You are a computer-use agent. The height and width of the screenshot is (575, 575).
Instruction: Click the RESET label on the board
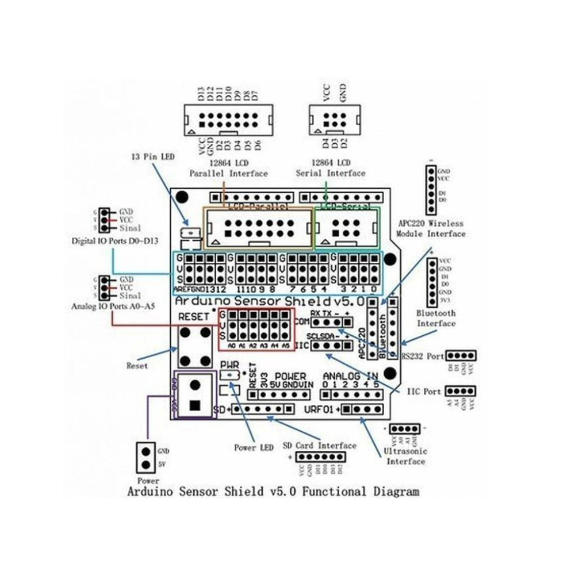[x=190, y=317]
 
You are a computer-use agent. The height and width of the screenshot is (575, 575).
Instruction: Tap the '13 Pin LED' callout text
[x=154, y=156]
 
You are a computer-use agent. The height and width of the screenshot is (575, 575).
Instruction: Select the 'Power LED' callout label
[x=254, y=448]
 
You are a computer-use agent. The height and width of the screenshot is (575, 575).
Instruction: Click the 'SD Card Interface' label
[x=319, y=445]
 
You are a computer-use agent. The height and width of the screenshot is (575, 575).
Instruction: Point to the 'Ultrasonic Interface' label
[x=406, y=456]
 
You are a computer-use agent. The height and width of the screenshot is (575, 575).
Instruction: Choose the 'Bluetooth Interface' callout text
[x=435, y=318]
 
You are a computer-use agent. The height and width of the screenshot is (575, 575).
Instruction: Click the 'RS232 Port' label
[x=423, y=356]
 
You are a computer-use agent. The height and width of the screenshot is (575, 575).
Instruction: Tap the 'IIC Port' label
[x=424, y=391]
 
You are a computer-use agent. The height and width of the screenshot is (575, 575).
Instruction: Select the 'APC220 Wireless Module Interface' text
[x=431, y=228]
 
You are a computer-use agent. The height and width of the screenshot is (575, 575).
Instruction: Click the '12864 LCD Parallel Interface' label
[x=228, y=168]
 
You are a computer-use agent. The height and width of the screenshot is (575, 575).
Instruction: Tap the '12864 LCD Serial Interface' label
[x=330, y=168]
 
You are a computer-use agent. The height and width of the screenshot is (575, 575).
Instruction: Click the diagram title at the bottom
[x=272, y=492]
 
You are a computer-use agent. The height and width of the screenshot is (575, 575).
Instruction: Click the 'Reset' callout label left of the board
[x=137, y=365]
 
